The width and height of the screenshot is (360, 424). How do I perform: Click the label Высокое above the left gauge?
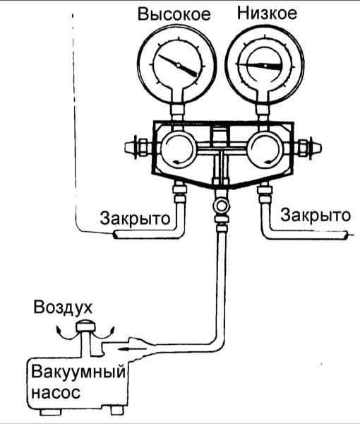[x=174, y=14]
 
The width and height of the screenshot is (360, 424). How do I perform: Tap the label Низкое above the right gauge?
[x=267, y=13]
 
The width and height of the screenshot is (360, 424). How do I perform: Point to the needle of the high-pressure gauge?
[x=178, y=65]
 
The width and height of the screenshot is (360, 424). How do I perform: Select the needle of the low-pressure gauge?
[x=259, y=66]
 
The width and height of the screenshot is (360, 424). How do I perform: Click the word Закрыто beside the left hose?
[x=135, y=218]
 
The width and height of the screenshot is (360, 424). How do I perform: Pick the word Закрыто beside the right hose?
[x=316, y=216]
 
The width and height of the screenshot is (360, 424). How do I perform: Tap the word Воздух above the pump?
[x=63, y=307]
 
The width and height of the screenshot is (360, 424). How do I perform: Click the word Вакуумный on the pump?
[x=78, y=372]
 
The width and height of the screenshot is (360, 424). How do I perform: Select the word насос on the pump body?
[x=56, y=392]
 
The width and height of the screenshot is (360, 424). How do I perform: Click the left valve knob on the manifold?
[x=136, y=148]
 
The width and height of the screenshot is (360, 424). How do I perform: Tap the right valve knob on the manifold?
[x=308, y=148]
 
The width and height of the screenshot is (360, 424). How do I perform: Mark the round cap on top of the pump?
[x=85, y=326]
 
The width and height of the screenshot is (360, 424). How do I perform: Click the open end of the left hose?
[x=115, y=234]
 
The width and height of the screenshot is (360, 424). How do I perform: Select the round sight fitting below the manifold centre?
[x=222, y=206]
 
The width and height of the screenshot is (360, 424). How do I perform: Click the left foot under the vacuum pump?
[x=51, y=412]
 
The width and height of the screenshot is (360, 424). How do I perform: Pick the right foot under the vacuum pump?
[x=117, y=411]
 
